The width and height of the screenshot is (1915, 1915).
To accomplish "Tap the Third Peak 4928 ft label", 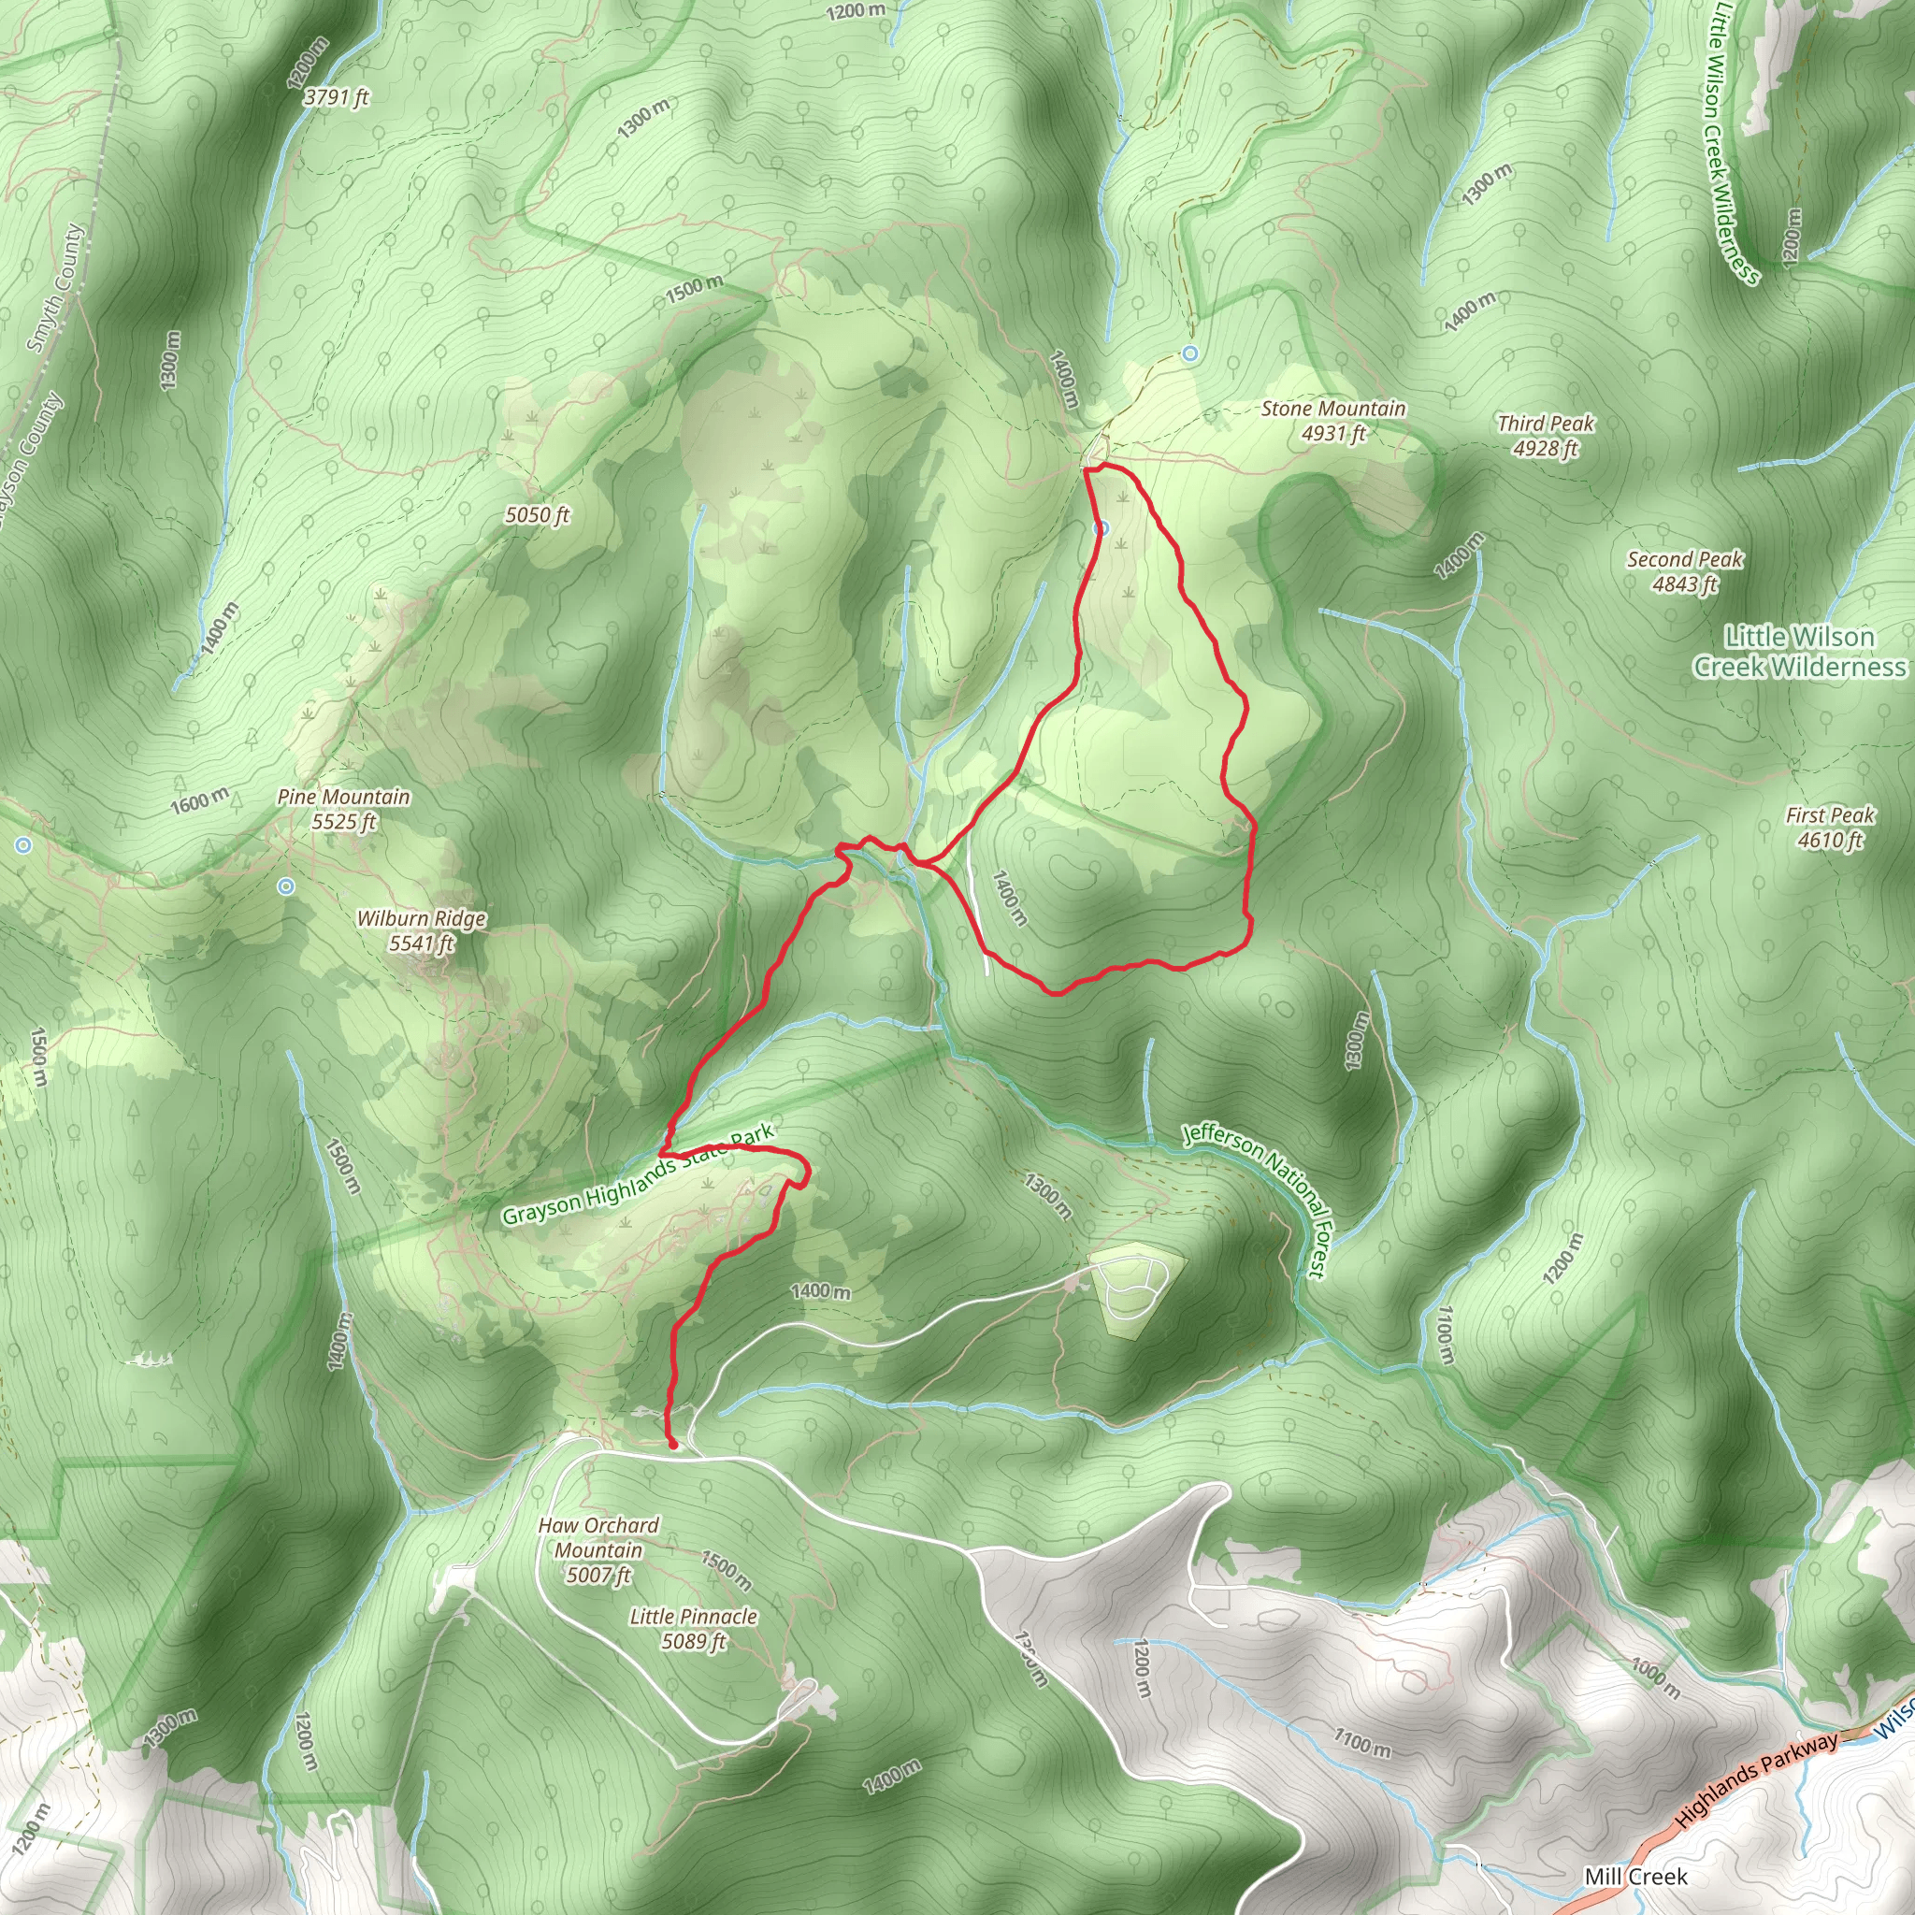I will click(x=1546, y=436).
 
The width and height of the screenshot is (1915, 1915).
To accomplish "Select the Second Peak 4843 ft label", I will click(x=1684, y=572).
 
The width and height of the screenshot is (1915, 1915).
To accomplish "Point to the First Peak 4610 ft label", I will click(x=1830, y=828).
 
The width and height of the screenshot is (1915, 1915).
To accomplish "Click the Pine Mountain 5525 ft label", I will click(x=343, y=809).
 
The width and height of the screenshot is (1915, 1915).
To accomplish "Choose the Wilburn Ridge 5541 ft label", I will click(x=422, y=930).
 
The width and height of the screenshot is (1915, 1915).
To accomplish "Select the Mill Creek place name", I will click(x=1635, y=1877).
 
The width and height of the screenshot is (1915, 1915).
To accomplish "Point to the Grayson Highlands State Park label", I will click(x=638, y=1175).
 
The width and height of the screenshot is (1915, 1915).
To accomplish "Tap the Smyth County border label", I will click(x=56, y=287).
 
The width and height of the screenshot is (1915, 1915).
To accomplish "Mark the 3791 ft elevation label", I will click(x=336, y=97).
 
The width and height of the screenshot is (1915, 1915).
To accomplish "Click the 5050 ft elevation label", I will click(x=538, y=515).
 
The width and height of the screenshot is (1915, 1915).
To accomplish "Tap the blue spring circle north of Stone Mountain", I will click(x=1190, y=353).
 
